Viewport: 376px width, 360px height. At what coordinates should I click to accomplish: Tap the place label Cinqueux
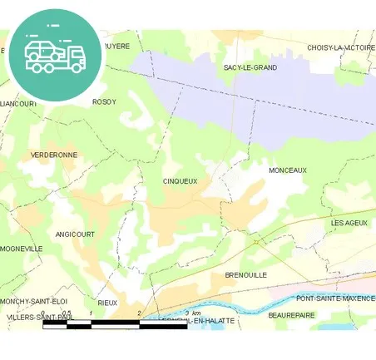181,180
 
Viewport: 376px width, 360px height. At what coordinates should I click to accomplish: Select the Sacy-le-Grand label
250,67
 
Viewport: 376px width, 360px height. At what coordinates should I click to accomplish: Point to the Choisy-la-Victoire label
341,48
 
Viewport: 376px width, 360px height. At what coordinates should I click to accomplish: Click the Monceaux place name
288,170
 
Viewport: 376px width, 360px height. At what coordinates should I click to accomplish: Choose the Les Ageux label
349,223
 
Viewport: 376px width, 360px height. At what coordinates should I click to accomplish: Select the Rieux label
107,303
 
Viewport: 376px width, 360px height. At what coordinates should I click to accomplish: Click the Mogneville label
22,249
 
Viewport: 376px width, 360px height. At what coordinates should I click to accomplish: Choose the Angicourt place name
75,234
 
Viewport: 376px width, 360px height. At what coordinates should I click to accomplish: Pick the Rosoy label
104,102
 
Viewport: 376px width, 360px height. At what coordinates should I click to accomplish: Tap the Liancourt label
19,104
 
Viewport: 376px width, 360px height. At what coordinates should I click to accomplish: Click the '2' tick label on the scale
140,313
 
